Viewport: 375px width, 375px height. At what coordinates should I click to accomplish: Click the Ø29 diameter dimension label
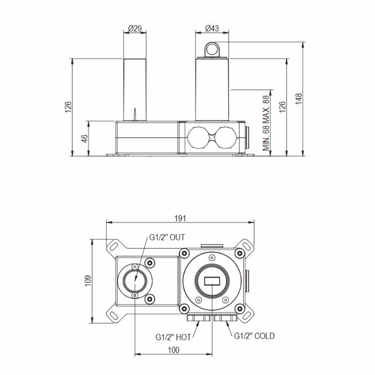coord(135,28)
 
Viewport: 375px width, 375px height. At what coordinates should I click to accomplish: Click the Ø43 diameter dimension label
coord(212,28)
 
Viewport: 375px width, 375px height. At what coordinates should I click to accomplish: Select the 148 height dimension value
coord(298,99)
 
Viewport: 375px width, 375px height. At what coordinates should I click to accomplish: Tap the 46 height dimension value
coord(85,139)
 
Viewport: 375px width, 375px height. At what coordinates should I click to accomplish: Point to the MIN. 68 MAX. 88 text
coord(266,123)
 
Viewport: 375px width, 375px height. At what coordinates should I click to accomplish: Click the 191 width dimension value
coord(180,219)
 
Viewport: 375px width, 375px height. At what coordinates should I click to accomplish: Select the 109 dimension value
coord(88,281)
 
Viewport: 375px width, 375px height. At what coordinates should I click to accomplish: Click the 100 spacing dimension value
coord(174,350)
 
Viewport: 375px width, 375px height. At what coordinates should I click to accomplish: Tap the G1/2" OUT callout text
coord(167,237)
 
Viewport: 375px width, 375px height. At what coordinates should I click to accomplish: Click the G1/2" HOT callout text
coord(173,337)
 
